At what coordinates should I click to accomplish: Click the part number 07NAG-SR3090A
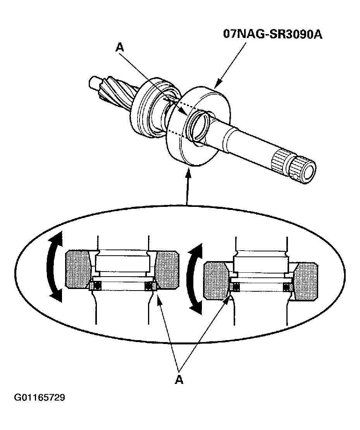click(x=273, y=34)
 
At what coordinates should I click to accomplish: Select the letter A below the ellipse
click(x=179, y=379)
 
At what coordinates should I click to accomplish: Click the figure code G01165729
click(x=40, y=398)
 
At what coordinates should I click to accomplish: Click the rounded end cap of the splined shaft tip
click(x=310, y=170)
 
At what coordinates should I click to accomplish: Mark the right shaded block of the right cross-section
click(x=306, y=280)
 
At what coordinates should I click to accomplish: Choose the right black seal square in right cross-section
click(x=287, y=287)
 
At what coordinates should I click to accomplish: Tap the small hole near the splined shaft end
click(x=296, y=177)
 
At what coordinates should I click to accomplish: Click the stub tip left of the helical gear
click(x=93, y=82)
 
